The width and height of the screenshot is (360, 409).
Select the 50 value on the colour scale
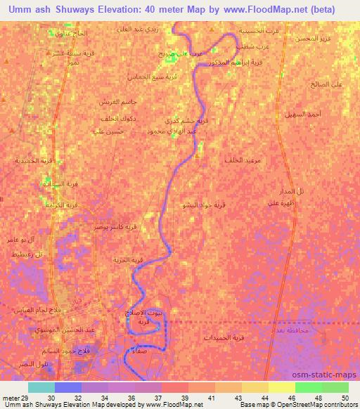tap(344, 398)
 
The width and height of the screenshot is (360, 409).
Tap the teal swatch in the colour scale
tap(41, 387)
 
